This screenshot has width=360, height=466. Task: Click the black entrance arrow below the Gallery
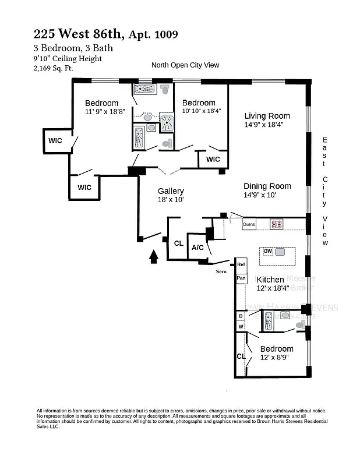pyautogui.click(x=154, y=257)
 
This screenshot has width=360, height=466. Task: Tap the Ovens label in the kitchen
pyautogui.click(x=249, y=224)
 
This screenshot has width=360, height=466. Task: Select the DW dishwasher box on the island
pyautogui.click(x=268, y=251)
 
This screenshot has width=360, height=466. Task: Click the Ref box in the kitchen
pyautogui.click(x=241, y=265)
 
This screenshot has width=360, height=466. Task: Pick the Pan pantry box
pyautogui.click(x=241, y=278)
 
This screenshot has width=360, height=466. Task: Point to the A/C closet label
pyautogui.click(x=198, y=248)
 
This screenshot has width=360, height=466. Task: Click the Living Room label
pyautogui.click(x=267, y=116)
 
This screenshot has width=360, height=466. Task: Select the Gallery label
pyautogui.click(x=171, y=191)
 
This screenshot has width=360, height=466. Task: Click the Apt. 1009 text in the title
pyautogui.click(x=153, y=34)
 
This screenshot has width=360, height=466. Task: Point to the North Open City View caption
pyautogui.click(x=185, y=65)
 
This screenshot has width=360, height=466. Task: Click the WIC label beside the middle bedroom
pyautogui.click(x=213, y=159)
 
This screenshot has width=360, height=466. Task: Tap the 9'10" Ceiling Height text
pyautogui.click(x=68, y=58)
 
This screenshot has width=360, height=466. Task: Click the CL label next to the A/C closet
pyautogui.click(x=178, y=243)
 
